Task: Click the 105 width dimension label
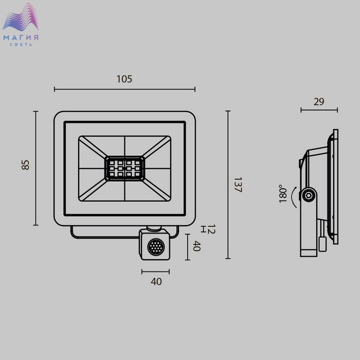pyautogui.click(x=124, y=79)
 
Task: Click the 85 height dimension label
pyautogui.click(x=26, y=165)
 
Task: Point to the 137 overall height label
pyautogui.click(x=238, y=185)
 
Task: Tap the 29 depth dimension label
pyautogui.click(x=319, y=102)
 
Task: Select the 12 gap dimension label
pyautogui.click(x=211, y=229)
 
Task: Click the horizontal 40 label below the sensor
pyautogui.click(x=156, y=281)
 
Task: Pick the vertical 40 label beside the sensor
pyautogui.click(x=197, y=246)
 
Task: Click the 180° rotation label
pyautogui.click(x=283, y=193)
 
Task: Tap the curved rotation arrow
pyautogui.click(x=293, y=197)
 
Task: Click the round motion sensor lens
pyautogui.click(x=156, y=247)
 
